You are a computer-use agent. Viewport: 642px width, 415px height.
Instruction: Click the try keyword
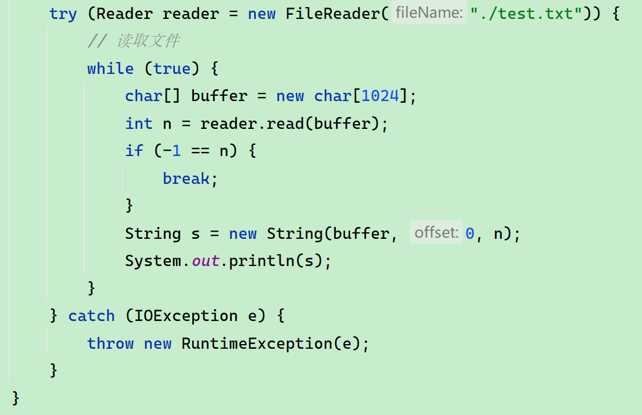[x=63, y=14]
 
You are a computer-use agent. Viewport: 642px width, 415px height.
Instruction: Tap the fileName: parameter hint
[x=429, y=13]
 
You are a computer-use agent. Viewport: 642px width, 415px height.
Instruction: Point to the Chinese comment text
[x=148, y=41]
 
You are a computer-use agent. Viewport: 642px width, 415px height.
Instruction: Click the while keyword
[x=110, y=69]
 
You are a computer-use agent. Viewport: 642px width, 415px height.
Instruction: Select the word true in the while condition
[x=171, y=69]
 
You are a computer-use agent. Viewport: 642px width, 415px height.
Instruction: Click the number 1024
[x=380, y=96]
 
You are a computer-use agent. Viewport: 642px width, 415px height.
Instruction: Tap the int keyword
[x=138, y=124]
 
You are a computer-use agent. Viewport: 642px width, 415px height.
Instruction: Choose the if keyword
[x=134, y=151]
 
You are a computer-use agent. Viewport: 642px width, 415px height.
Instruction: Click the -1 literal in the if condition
[x=171, y=151]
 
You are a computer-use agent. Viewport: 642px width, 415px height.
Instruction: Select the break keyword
[x=186, y=179]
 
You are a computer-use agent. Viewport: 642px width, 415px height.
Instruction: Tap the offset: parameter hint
[x=436, y=233]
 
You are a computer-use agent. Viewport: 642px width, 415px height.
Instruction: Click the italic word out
[x=205, y=261]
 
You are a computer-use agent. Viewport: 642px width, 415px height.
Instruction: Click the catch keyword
[x=91, y=316]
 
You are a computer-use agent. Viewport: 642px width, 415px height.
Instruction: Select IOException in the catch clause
[x=186, y=316]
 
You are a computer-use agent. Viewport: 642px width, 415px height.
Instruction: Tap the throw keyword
[x=110, y=343]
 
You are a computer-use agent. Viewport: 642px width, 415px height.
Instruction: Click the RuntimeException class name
[x=257, y=343]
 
